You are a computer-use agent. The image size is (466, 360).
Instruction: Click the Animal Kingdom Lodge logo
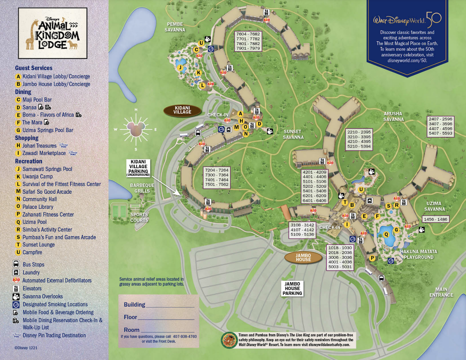52,33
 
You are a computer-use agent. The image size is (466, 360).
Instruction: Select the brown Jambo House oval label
303,257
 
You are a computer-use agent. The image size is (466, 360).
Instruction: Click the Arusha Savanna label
393,116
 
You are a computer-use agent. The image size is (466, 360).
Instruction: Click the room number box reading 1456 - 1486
437,219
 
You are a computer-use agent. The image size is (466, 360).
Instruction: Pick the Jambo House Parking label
292,288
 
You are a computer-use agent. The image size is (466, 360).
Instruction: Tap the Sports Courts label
139,217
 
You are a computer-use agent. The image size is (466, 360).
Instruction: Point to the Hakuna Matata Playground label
419,254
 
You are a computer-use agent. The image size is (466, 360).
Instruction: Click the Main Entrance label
441,292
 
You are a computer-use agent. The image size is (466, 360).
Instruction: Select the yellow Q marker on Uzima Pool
386,234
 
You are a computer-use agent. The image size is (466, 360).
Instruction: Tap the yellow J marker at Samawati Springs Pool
180,67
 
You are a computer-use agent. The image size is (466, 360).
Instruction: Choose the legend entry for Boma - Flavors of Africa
48,115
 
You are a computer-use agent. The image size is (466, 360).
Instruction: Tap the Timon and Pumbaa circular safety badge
227,340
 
